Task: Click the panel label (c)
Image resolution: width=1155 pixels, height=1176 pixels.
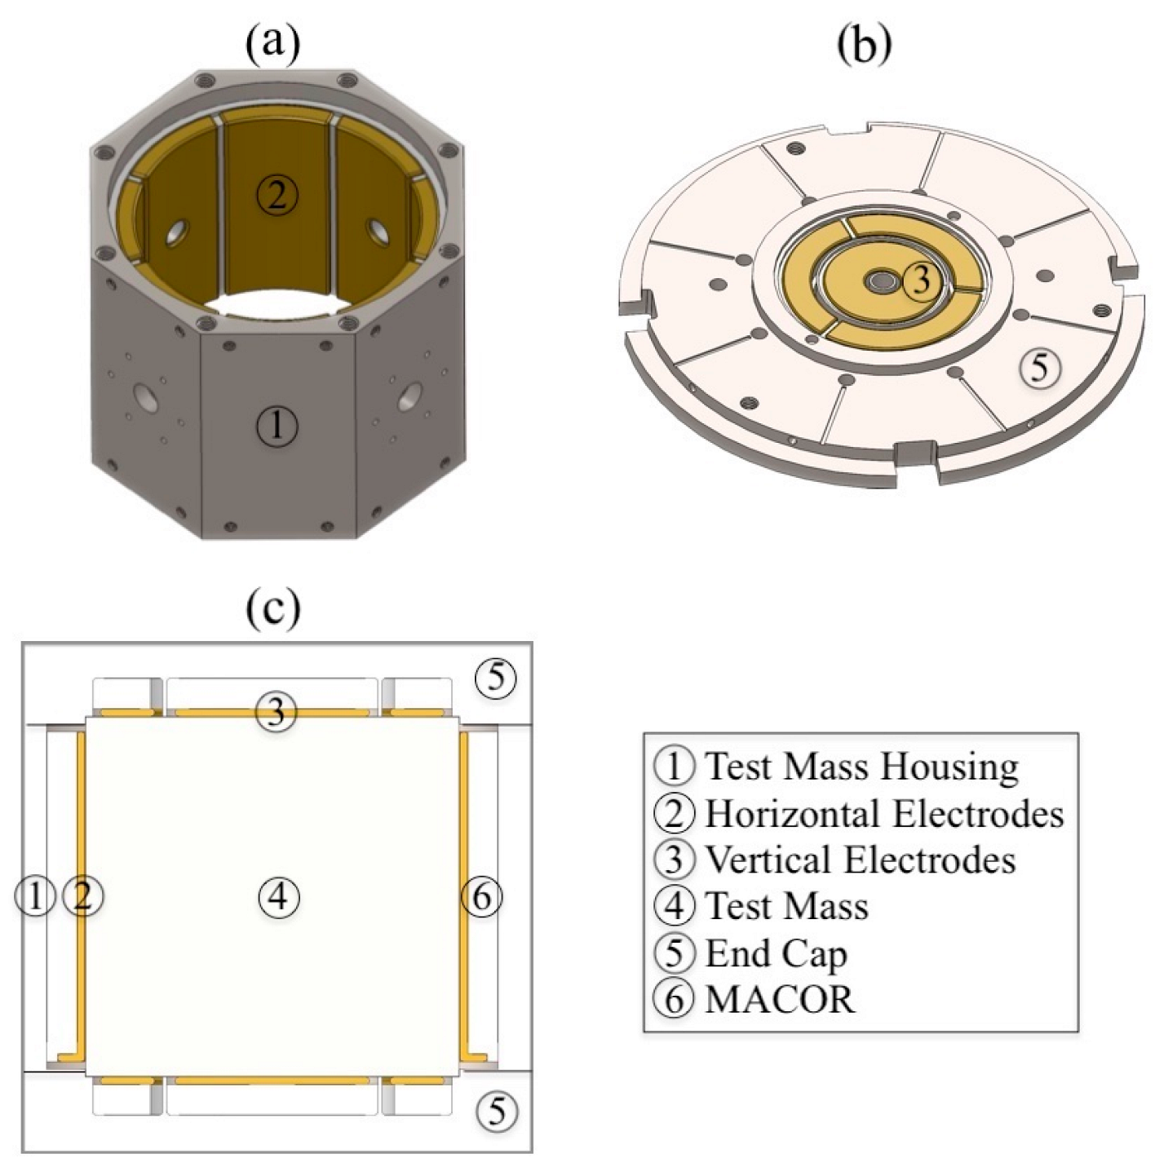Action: [272, 607]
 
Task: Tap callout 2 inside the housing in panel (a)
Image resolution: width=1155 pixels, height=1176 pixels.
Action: [277, 196]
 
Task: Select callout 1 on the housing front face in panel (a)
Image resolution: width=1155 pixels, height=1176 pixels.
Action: [277, 426]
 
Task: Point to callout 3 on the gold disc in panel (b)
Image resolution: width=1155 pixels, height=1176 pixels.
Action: [920, 280]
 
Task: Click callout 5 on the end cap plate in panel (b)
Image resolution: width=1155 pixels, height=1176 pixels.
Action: [1040, 368]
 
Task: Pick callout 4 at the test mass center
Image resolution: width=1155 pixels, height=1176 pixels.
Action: [279, 897]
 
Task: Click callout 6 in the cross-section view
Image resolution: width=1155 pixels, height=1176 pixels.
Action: [482, 897]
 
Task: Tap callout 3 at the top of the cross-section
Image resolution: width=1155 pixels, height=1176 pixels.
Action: [277, 712]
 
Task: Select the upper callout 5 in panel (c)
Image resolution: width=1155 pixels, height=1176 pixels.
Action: [497, 677]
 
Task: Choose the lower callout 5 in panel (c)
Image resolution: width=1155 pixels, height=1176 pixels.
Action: [497, 1111]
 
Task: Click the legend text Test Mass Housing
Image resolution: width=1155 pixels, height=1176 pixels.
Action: [861, 767]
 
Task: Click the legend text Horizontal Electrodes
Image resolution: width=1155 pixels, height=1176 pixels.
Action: [884, 813]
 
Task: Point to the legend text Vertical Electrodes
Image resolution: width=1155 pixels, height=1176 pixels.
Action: [860, 860]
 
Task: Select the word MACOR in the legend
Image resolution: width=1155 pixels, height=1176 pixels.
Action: [781, 999]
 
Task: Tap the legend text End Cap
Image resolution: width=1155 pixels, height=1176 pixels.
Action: [776, 953]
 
